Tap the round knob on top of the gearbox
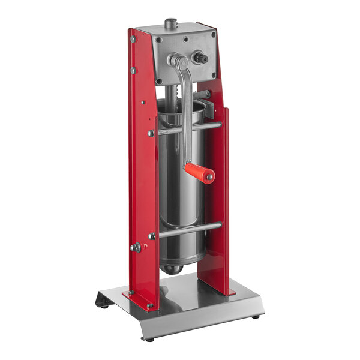coord(172,23)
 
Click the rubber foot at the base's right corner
coord(256,315)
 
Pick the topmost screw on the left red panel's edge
coord(133,39)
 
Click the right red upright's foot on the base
coord(219,292)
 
